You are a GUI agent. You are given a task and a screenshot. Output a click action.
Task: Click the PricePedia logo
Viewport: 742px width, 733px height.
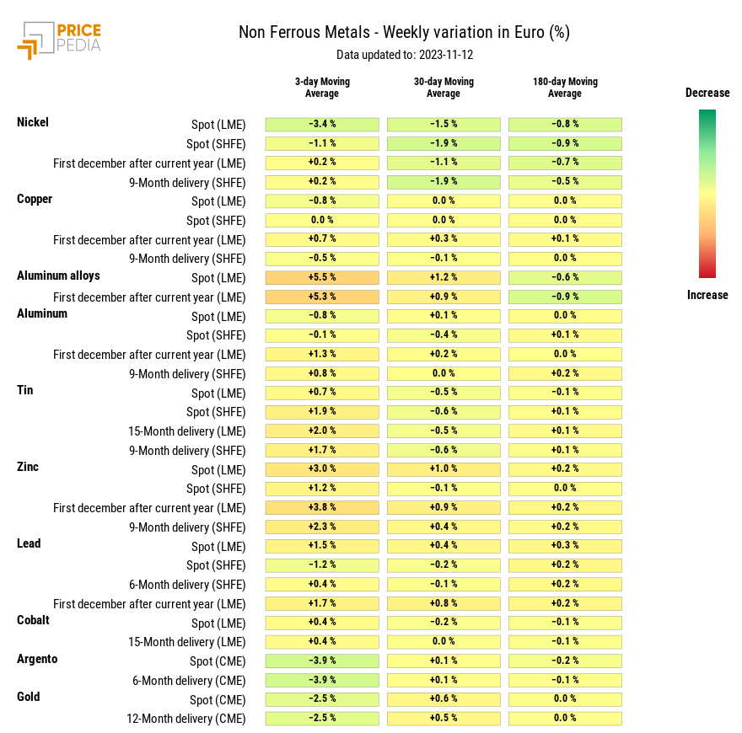point(59,40)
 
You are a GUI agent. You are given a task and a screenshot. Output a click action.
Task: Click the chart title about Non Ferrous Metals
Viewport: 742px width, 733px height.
point(404,33)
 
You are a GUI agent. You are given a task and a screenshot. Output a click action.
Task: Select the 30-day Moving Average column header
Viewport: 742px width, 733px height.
point(444,87)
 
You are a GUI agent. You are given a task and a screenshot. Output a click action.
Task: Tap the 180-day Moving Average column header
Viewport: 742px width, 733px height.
point(565,87)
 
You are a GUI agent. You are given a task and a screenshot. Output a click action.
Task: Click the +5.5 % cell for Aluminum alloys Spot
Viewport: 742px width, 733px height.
point(322,277)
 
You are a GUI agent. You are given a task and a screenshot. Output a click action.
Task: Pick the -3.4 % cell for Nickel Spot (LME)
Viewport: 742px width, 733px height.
point(322,124)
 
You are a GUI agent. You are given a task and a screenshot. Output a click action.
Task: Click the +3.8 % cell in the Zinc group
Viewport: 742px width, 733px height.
point(322,507)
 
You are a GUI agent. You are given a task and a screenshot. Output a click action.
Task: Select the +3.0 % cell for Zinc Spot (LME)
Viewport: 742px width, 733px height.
point(322,469)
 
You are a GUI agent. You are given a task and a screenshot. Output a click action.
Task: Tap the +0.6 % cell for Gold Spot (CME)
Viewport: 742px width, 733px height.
point(444,699)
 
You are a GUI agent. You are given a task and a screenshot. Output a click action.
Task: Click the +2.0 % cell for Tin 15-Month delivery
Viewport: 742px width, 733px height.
point(322,431)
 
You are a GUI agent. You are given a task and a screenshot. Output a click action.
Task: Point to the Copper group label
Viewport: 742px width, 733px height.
point(35,199)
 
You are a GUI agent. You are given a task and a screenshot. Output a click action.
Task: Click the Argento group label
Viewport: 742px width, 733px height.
point(37,659)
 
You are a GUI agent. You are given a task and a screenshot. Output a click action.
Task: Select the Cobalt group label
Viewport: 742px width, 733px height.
point(33,620)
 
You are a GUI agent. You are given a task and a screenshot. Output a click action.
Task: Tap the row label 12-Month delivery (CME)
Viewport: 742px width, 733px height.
point(185,719)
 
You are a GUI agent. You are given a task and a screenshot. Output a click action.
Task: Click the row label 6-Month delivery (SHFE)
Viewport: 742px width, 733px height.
point(187,585)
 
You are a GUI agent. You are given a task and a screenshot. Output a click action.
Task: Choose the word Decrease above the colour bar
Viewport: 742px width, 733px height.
point(707,93)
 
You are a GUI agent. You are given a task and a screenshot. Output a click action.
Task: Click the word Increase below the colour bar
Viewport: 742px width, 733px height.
point(707,295)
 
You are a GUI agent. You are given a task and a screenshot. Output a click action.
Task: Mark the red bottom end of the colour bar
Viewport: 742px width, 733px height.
point(707,272)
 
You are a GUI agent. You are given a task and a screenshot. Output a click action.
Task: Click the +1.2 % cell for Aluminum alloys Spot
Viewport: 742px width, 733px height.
point(444,277)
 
